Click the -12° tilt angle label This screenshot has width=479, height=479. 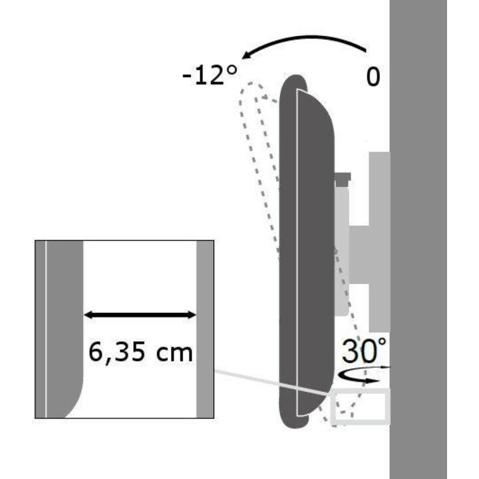210,75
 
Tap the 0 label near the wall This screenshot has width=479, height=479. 373,77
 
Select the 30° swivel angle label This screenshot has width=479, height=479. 364,351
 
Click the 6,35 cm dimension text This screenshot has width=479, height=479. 140,352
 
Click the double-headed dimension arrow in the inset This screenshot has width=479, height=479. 140,315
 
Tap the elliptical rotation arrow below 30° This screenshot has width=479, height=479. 361,375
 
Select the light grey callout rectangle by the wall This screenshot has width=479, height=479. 361,406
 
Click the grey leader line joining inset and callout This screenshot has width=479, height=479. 273,383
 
